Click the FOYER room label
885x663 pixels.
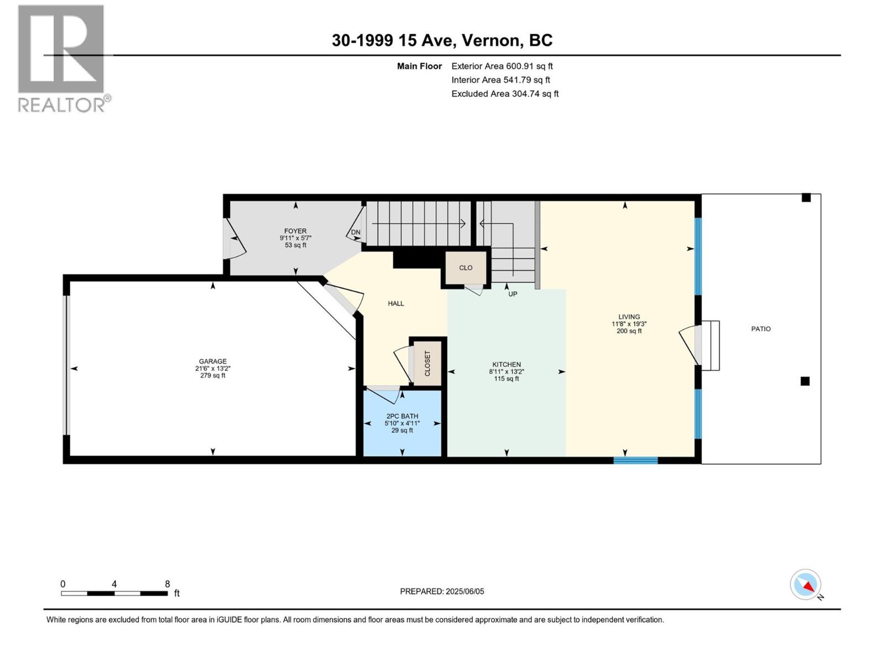coord(295,231)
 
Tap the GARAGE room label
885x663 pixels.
coord(212,361)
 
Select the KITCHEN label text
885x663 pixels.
coord(507,365)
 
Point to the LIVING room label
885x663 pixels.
coord(629,317)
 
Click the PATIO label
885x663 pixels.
coord(761,329)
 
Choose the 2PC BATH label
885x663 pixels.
coord(402,416)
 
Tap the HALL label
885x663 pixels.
coord(395,303)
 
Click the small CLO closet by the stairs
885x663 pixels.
coord(466,268)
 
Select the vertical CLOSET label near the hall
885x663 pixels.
coord(428,364)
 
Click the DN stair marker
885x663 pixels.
coord(355,232)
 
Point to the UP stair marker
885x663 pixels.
coord(512,294)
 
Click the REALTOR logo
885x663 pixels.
coord(64,59)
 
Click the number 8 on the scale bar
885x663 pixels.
coord(168,583)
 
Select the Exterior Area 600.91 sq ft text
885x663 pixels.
coord(502,66)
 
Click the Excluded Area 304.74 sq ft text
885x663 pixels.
coord(505,94)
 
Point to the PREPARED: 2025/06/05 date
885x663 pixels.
coord(442,591)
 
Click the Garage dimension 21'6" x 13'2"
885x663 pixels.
coord(212,369)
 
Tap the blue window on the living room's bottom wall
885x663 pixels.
coord(636,461)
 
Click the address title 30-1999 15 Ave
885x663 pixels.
coord(394,40)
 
